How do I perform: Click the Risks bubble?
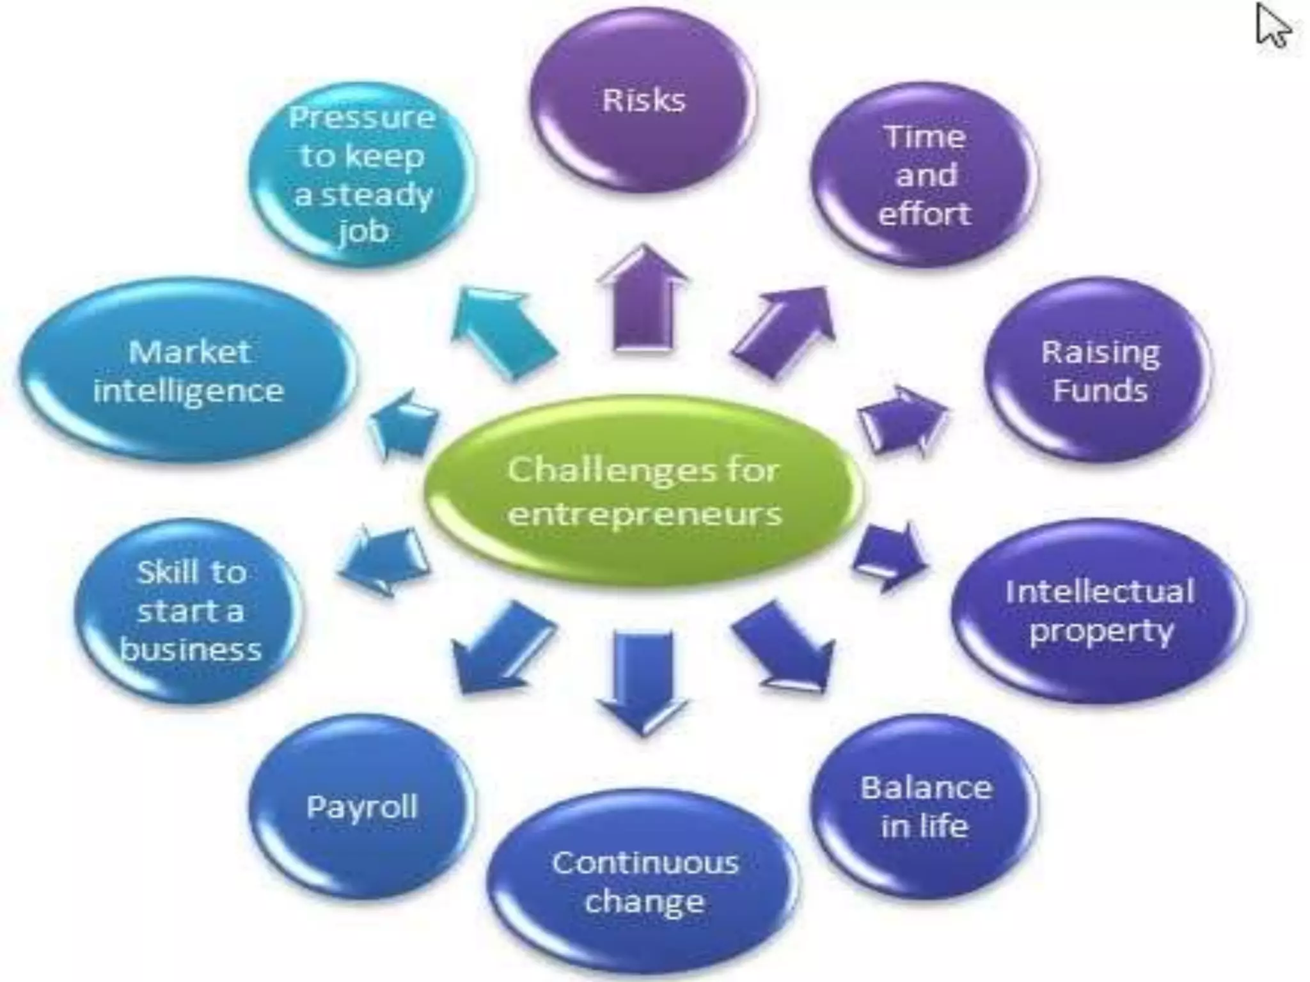(x=643, y=100)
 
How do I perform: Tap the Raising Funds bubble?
(x=1099, y=371)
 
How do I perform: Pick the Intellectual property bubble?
(x=1099, y=611)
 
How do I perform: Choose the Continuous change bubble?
(x=644, y=882)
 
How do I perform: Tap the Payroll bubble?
(x=362, y=807)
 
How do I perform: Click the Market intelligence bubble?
(x=188, y=371)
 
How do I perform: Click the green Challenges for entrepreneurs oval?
(x=643, y=491)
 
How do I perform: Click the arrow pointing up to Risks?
(x=643, y=300)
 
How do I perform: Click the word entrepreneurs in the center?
(x=644, y=513)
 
